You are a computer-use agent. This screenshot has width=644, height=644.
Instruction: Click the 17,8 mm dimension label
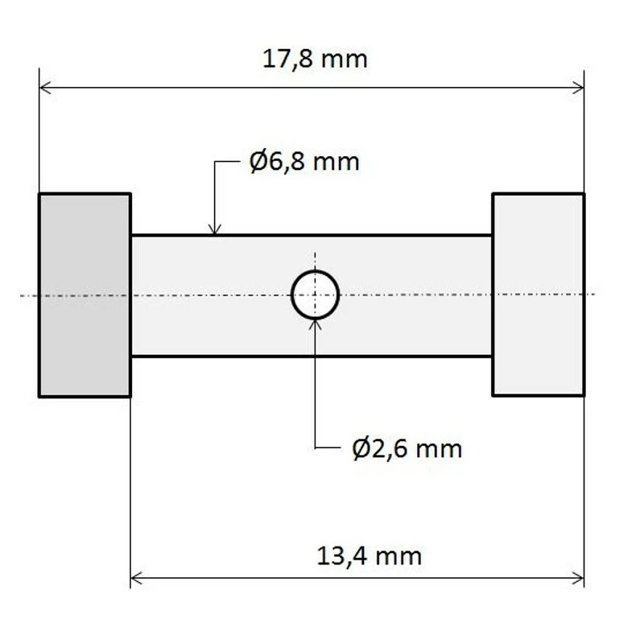315,60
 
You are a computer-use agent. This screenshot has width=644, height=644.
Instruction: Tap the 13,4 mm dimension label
369,555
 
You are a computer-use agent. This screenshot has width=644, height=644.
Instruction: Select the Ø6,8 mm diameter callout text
304,162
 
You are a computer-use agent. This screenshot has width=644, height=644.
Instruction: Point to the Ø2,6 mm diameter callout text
407,448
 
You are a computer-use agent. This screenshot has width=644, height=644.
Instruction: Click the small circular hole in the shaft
315,295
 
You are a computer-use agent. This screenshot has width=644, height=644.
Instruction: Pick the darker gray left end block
85,295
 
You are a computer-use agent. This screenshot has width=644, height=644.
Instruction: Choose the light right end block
538,295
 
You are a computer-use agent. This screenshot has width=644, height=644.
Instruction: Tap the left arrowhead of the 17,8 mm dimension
45,87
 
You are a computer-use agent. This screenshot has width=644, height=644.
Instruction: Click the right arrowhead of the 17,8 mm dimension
578,87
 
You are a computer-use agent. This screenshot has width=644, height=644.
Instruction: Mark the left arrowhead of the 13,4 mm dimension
136,578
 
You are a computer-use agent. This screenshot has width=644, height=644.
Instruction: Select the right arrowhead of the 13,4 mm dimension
578,578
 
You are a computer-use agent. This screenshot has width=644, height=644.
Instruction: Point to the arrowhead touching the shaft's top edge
214,229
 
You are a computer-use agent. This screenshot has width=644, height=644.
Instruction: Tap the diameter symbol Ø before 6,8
258,162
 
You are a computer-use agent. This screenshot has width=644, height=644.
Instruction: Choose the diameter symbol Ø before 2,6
361,448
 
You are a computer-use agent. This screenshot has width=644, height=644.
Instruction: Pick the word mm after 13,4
398,555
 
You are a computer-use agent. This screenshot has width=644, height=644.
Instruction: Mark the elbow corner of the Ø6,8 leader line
214,162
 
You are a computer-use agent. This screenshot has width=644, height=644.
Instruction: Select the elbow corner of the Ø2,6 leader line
315,448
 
